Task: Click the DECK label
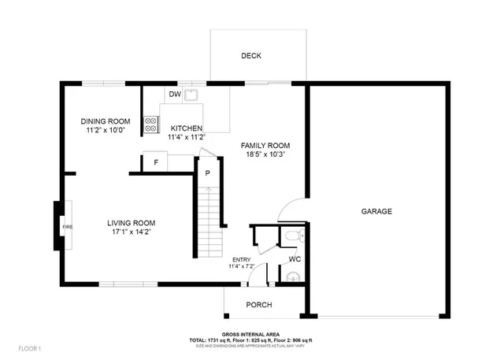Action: [251, 56]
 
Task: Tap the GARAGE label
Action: [376, 211]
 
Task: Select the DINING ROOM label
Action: [106, 121]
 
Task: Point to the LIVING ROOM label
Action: [132, 223]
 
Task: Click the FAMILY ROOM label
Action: [265, 146]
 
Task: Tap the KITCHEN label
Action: [187, 128]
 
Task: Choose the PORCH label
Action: [259, 305]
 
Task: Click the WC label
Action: [295, 258]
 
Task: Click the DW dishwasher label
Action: [174, 95]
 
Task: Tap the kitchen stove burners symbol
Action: [150, 124]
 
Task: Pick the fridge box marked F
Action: [156, 162]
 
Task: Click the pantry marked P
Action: [207, 173]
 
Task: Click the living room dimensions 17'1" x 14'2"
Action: [132, 232]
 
